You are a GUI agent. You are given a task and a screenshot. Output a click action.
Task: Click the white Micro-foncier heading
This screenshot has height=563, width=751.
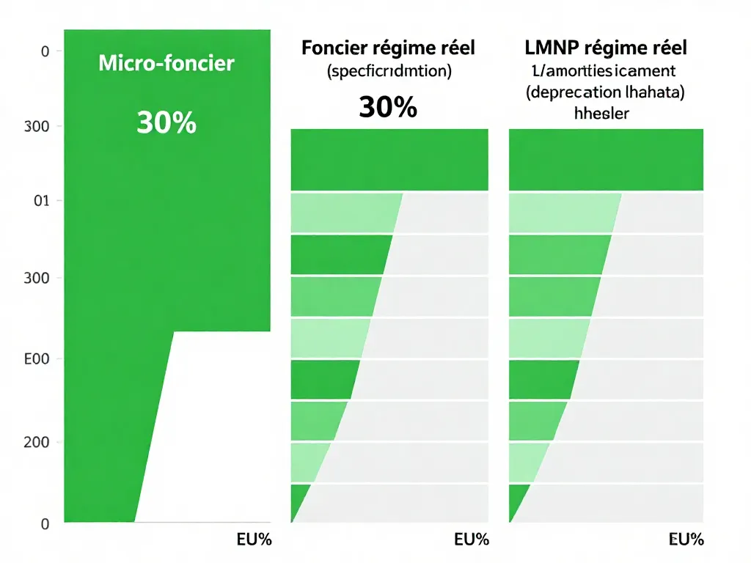[166, 63]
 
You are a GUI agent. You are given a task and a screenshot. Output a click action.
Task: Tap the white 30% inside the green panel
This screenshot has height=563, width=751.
[166, 122]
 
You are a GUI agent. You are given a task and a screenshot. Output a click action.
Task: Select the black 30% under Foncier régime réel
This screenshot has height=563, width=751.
[388, 107]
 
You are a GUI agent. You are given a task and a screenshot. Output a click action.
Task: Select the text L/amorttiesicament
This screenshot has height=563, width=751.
[606, 72]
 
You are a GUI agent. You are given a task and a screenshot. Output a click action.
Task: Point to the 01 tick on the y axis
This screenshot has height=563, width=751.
[41, 201]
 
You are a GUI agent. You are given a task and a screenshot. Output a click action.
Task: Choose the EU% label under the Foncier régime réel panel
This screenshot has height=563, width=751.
[471, 540]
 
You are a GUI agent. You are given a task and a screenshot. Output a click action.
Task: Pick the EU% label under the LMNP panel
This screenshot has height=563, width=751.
[686, 540]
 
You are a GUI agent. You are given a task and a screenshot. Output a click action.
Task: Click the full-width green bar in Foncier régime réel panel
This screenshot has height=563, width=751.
[389, 159]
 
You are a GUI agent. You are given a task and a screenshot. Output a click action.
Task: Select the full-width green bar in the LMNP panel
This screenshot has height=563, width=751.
[606, 159]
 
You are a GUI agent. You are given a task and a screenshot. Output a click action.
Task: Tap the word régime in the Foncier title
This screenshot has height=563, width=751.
[406, 49]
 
